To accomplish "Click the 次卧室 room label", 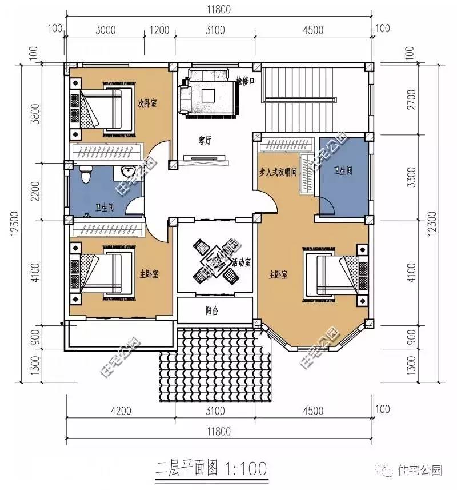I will (x=147, y=104).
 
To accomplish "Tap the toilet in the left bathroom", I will (x=86, y=174).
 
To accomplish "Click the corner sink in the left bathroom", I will (x=127, y=173).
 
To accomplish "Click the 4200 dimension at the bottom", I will (x=121, y=411).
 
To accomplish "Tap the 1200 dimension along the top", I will (x=159, y=30).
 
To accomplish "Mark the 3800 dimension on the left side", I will (x=37, y=114).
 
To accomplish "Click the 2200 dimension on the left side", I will (x=37, y=190).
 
